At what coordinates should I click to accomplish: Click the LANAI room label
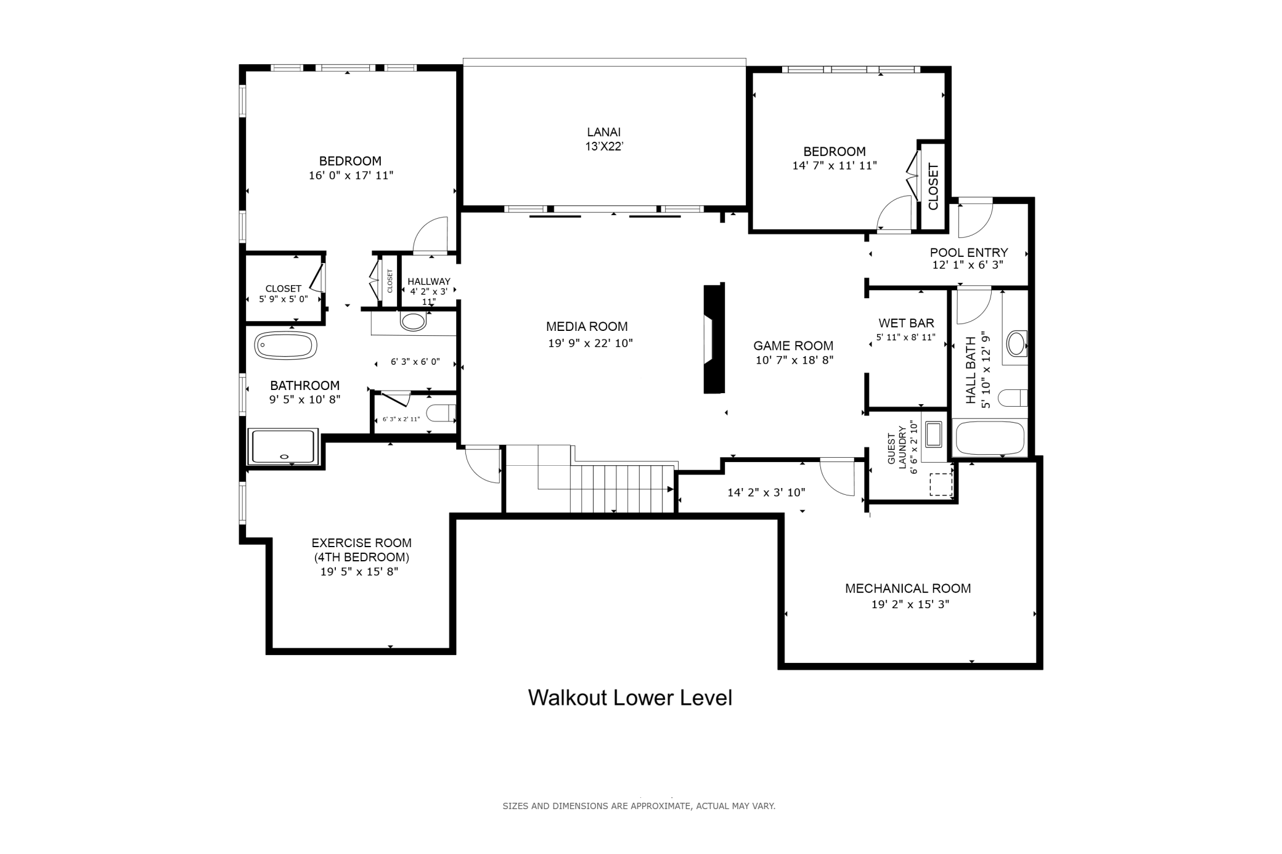point(603,132)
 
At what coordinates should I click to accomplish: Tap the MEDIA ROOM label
point(587,327)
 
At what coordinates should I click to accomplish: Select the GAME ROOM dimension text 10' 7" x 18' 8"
point(794,360)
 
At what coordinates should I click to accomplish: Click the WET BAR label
point(906,323)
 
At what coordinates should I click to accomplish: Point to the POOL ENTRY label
point(969,253)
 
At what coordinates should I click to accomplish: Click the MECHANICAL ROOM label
point(908,588)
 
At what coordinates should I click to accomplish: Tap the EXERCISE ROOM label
point(361,543)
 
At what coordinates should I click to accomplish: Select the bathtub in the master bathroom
point(286,346)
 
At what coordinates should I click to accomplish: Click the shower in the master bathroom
point(284,447)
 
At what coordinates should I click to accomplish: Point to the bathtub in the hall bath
point(990,438)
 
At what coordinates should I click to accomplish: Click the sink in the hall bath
point(1016,343)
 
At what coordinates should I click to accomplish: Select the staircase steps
point(622,489)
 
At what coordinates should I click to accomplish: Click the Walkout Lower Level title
point(630,697)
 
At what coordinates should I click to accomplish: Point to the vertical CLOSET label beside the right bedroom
point(933,187)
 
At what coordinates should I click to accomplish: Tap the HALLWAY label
point(429,282)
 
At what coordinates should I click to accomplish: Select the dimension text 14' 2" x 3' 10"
point(766,493)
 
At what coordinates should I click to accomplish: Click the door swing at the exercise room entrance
point(483,465)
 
